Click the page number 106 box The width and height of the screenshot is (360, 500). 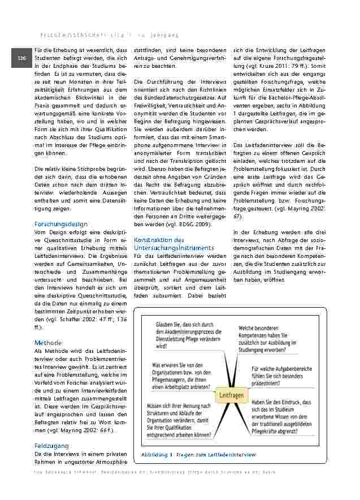click(x=21, y=59)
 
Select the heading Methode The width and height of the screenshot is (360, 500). click(x=48, y=343)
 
